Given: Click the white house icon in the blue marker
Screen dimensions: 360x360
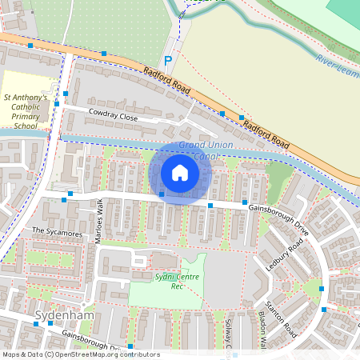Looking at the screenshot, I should (x=180, y=173).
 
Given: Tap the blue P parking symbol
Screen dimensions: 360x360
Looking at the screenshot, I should (x=168, y=61).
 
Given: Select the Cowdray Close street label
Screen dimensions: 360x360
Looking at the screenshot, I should (x=113, y=115).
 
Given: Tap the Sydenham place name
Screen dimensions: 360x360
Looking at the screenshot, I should (x=59, y=315).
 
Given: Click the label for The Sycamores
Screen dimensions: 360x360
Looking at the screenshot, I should (x=57, y=233).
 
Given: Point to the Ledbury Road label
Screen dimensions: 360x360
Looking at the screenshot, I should (x=281, y=255).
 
